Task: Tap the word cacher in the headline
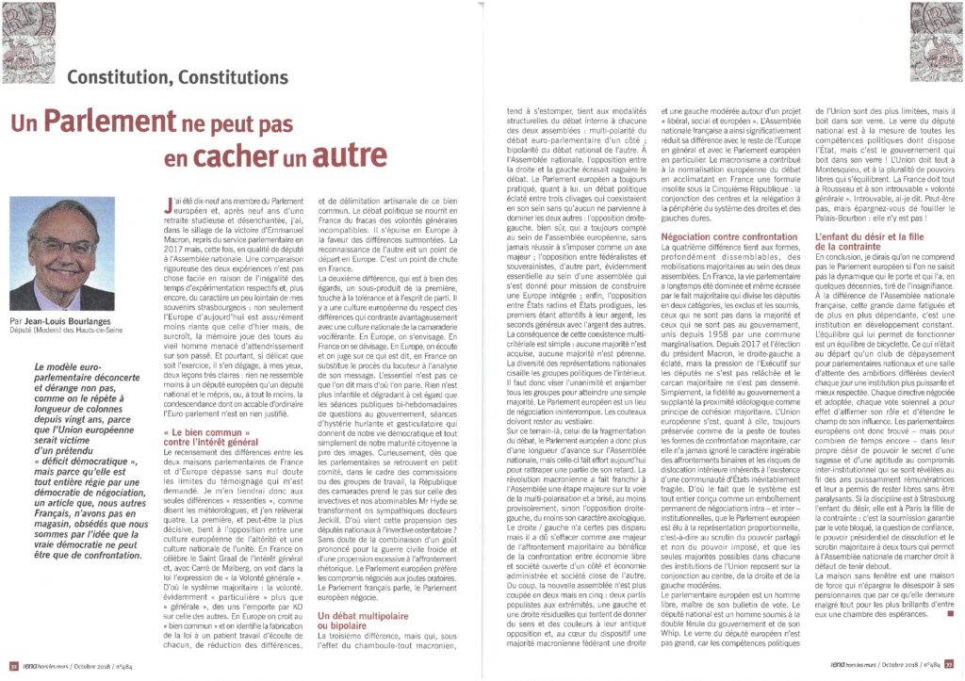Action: point(259,157)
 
